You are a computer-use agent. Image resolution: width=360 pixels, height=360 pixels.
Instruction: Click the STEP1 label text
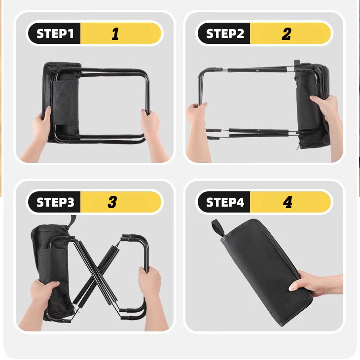55,34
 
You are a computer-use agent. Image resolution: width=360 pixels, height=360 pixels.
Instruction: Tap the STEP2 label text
225,34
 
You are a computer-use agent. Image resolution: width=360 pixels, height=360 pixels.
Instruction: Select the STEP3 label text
55,202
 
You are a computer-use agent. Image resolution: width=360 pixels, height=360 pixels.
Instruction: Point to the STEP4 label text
225,202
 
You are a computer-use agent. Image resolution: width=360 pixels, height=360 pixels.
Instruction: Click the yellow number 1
115,34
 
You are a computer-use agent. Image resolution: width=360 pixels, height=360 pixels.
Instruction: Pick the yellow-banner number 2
287,34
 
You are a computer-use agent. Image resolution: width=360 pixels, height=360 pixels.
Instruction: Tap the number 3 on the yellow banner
112,202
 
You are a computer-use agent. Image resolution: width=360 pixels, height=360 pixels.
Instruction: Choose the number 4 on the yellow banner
288,202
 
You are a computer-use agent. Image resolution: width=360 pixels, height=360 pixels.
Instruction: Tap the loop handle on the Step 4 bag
217,228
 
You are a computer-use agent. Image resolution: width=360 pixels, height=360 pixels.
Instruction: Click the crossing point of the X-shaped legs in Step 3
97,273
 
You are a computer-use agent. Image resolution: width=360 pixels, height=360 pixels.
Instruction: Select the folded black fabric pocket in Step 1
66,103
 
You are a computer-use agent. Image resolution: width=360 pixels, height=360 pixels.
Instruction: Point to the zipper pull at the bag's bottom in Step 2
298,146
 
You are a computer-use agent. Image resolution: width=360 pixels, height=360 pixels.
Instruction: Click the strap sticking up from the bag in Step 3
72,221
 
